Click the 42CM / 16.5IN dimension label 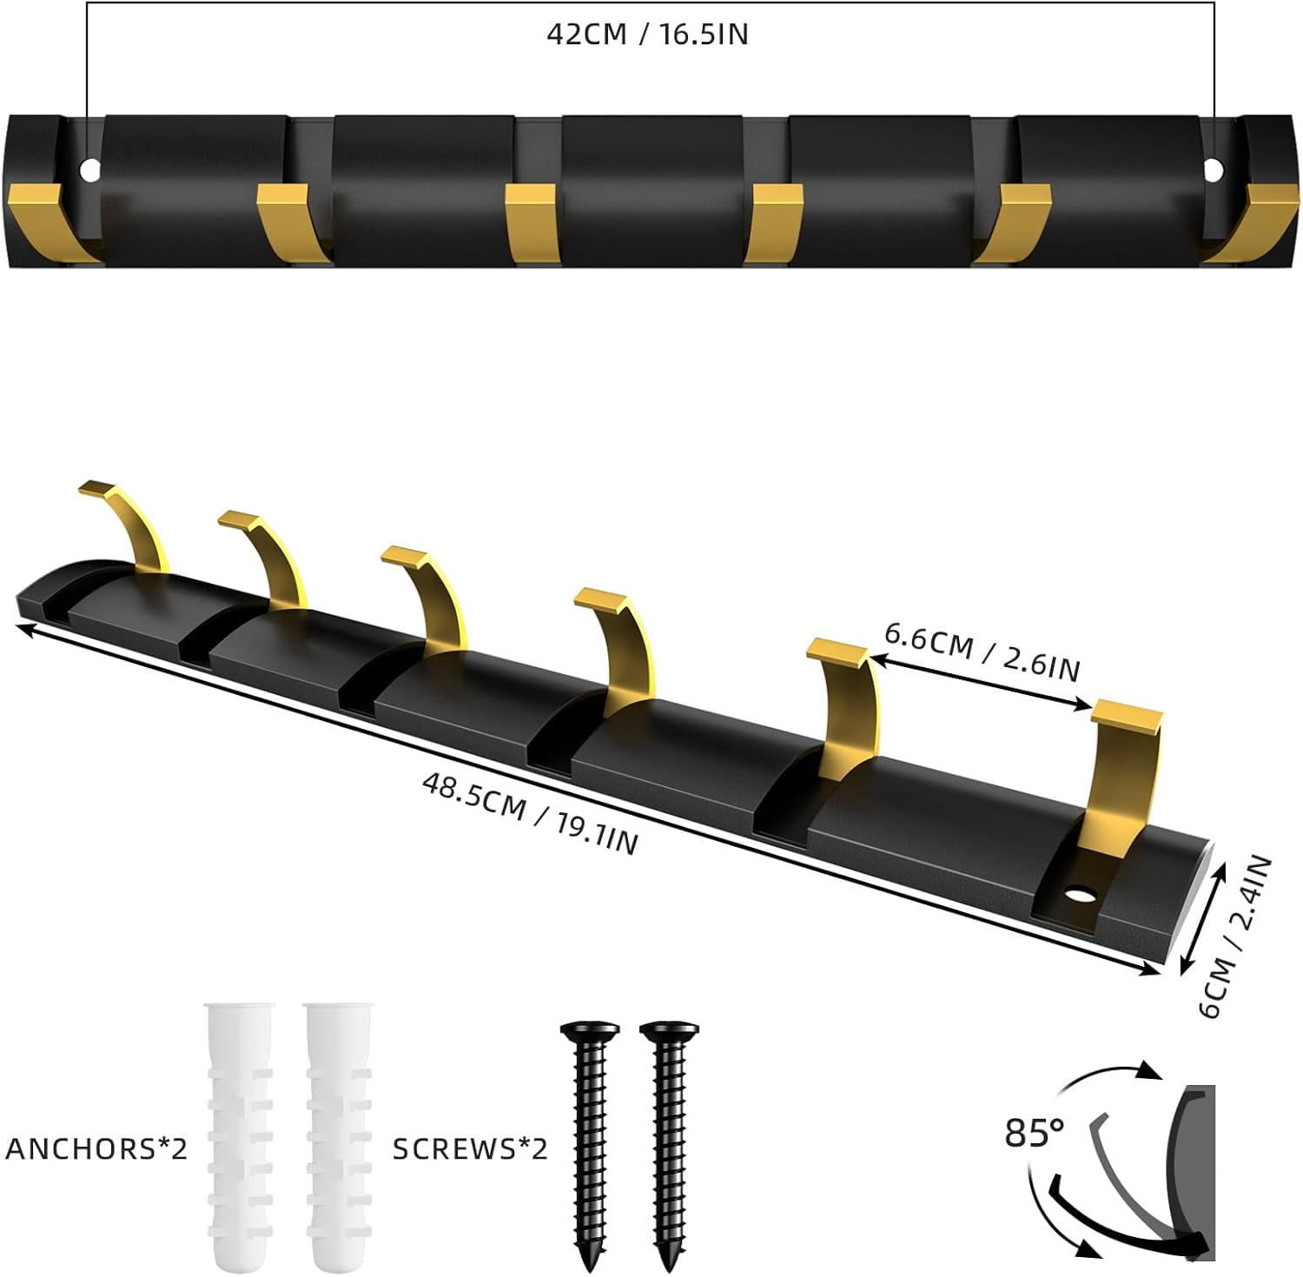coord(647,35)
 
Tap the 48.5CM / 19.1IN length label coord(530,813)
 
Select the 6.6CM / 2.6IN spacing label coord(982,652)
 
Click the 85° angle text coord(1034,1133)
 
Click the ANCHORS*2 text coord(96,1148)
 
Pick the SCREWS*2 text coord(470,1148)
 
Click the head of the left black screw coord(590,1032)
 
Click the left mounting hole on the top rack coord(89,170)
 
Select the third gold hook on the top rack coord(530,221)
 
